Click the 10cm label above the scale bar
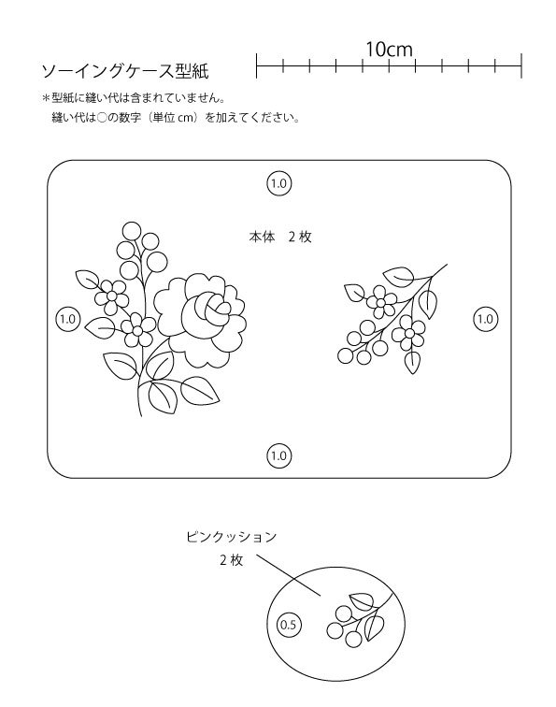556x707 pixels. tap(389, 50)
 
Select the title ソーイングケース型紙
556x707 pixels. tap(125, 71)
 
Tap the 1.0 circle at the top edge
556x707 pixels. tap(278, 183)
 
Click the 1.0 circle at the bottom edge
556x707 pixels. tap(278, 455)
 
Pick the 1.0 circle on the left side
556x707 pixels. tap(67, 319)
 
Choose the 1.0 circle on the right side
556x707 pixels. tap(485, 319)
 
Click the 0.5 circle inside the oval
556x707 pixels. tap(289, 625)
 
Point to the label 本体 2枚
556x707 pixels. tap(280, 237)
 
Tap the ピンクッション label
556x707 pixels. tap(231, 537)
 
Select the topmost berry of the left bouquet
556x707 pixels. tap(132, 231)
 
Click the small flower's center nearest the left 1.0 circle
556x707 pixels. tap(111, 296)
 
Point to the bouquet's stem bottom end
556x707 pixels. tap(140, 415)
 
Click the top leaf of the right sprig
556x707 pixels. tap(399, 276)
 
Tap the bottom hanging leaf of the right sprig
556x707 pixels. tap(412, 363)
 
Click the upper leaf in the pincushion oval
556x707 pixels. tap(363, 600)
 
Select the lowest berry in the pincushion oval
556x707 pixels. tap(353, 639)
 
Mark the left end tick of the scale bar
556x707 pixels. tap(256, 65)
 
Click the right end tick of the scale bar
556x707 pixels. tap(521, 65)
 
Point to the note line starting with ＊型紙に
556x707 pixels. tap(134, 97)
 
